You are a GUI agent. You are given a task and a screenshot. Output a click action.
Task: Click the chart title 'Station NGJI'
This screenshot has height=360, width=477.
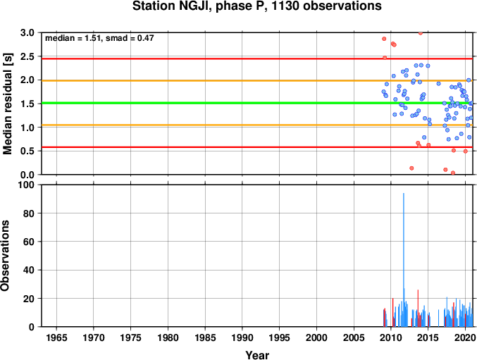tap(172, 6)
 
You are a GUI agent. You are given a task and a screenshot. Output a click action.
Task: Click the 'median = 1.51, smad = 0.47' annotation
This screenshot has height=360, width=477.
tap(99, 38)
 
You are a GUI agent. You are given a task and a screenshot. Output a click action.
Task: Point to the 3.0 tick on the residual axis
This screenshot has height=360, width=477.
tap(27, 33)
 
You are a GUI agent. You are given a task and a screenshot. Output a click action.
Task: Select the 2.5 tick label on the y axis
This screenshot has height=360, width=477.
tap(27, 56)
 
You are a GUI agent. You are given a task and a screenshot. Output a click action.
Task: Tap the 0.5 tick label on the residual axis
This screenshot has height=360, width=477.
tap(27, 151)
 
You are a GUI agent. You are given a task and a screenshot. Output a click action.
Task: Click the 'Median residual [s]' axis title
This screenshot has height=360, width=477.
tap(7, 104)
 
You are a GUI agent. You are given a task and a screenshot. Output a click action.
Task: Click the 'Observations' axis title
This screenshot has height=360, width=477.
tap(5, 256)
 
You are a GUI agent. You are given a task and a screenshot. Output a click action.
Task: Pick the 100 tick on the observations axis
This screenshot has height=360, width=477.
tap(27, 185)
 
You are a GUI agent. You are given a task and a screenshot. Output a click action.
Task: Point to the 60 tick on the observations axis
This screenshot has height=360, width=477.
tap(29, 242)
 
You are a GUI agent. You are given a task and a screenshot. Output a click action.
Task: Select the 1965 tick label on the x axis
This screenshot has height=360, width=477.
tap(56, 337)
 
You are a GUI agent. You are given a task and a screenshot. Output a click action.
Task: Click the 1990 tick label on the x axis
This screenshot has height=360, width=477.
tap(242, 337)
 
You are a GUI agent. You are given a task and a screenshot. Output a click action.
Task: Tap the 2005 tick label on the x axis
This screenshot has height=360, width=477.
tap(354, 337)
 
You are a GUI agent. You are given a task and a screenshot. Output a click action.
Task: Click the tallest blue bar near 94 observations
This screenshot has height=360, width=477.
tap(404, 260)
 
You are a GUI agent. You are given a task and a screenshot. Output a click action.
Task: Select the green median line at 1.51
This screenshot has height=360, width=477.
tap(257, 103)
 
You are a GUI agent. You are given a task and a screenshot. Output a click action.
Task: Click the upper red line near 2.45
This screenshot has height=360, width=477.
tap(257, 58)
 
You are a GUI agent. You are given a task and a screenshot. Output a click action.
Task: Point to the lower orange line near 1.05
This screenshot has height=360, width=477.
tap(257, 125)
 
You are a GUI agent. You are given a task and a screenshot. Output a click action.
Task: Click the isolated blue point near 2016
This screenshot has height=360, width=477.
tap(439, 84)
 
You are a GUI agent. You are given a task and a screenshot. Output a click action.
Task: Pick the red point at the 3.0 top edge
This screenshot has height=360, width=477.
tap(421, 33)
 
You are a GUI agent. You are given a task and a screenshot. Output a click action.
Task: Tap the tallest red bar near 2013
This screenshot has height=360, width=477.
tap(418, 308)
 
